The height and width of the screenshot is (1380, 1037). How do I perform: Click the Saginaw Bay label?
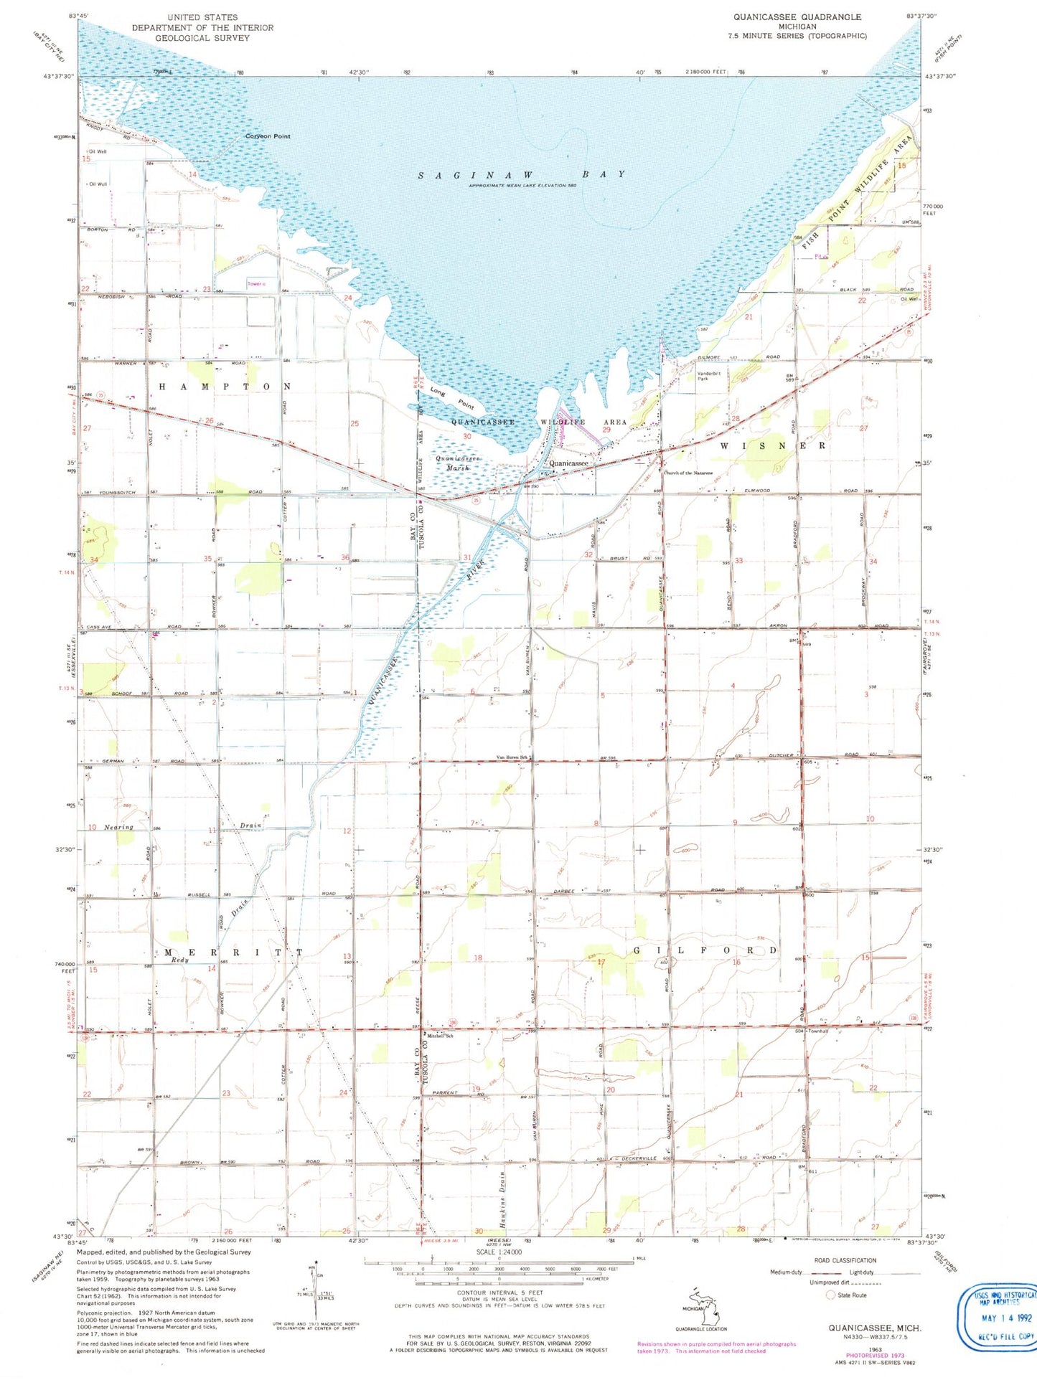pyautogui.click(x=522, y=174)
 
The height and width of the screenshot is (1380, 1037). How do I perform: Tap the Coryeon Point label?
pyautogui.click(x=268, y=136)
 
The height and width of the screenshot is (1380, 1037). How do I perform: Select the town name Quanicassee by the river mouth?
pyautogui.click(x=568, y=463)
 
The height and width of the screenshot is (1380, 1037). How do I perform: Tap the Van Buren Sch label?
pyautogui.click(x=512, y=757)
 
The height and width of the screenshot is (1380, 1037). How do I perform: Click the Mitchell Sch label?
pyautogui.click(x=440, y=1036)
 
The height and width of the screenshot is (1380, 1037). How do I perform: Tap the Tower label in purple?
pyautogui.click(x=255, y=284)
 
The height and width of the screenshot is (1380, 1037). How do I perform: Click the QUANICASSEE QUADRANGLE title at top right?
pyautogui.click(x=797, y=16)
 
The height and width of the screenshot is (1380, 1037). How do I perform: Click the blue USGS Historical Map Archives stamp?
pyautogui.click(x=998, y=1316)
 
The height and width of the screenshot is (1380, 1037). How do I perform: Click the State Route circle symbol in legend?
pyautogui.click(x=831, y=1295)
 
